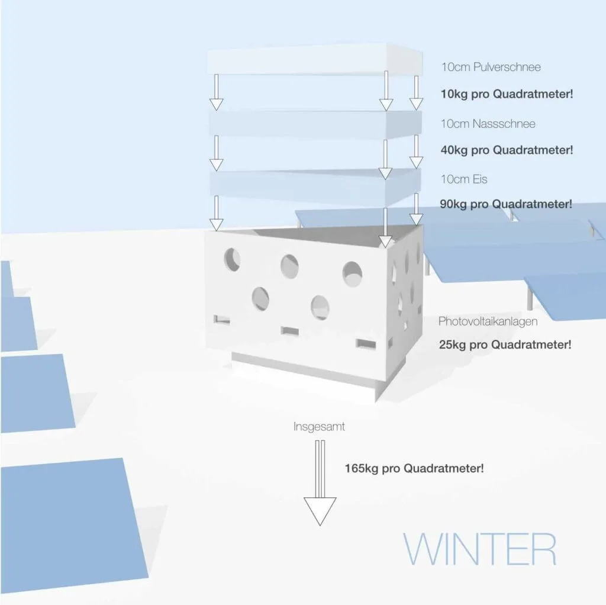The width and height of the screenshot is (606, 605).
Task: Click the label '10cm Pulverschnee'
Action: click(x=491, y=67)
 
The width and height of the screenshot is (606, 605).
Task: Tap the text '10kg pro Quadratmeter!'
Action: click(x=507, y=94)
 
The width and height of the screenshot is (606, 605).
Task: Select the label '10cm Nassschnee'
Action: click(x=488, y=124)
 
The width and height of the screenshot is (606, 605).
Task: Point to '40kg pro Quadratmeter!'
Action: click(x=507, y=150)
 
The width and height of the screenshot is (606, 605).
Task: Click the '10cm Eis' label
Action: click(x=464, y=179)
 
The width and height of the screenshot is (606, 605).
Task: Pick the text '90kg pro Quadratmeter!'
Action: click(x=506, y=204)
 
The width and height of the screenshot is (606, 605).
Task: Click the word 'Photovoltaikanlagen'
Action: click(x=488, y=321)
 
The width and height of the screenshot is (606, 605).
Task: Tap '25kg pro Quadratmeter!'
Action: click(x=505, y=345)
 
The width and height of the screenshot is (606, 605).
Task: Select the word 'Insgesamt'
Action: click(x=319, y=427)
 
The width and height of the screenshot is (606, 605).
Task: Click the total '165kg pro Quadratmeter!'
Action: click(x=414, y=468)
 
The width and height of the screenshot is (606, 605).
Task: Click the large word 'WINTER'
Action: click(x=479, y=549)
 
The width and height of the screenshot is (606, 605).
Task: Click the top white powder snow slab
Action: click(x=315, y=59)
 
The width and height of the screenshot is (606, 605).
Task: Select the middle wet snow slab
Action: click(x=315, y=124)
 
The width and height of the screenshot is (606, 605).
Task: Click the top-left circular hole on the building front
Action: click(x=232, y=259)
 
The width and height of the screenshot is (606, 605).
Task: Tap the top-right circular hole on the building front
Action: click(x=352, y=274)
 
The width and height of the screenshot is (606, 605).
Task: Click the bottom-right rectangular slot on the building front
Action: click(x=366, y=344)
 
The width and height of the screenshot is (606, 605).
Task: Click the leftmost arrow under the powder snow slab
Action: click(x=216, y=92)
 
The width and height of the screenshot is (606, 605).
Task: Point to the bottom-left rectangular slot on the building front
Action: click(x=222, y=320)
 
